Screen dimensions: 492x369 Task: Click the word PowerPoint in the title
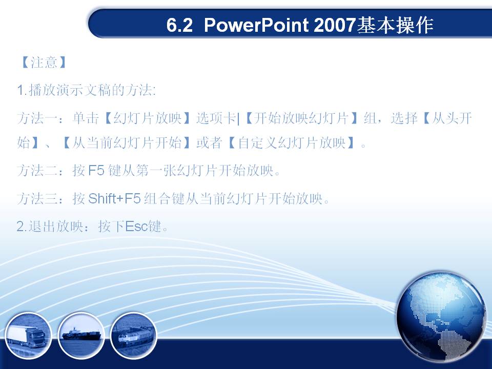256,25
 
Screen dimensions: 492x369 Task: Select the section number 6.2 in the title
179,25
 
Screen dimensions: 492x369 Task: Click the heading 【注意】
43,63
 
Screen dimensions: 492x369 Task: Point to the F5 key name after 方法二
96,171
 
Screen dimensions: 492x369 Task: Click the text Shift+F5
114,199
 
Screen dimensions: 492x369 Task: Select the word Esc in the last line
137,226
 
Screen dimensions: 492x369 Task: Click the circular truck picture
28,336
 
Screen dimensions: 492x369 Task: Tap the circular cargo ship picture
81,336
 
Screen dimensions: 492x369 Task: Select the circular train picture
134,336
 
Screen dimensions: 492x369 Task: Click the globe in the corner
441,317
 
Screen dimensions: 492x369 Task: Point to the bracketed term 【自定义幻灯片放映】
292,143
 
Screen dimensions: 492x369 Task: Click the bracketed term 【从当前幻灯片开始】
126,143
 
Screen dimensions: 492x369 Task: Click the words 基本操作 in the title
395,25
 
